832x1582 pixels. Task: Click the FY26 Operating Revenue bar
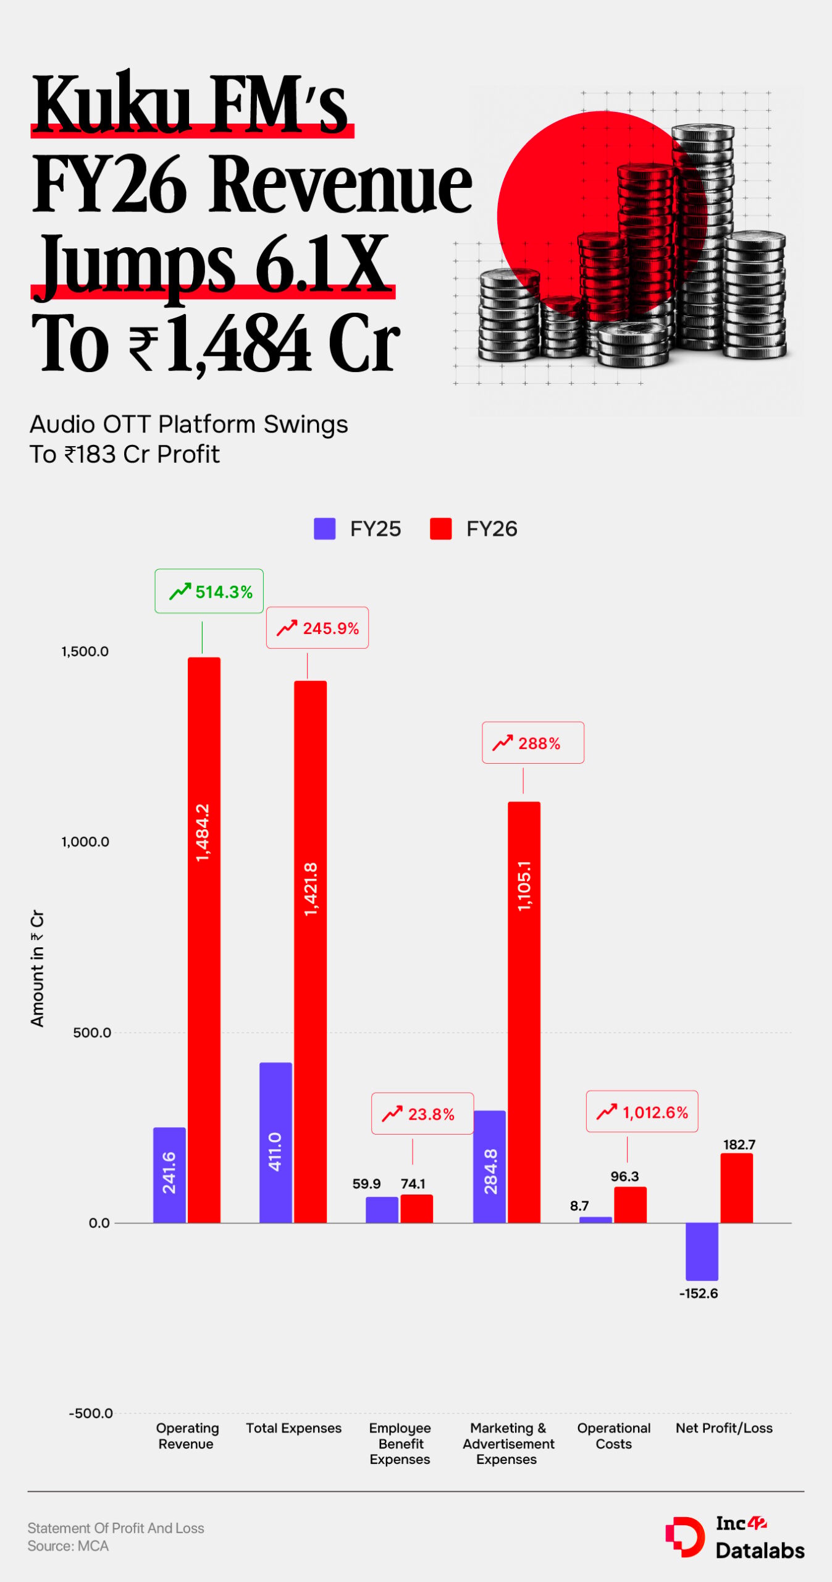[204, 939]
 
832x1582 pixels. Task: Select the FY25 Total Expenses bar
[275, 1143]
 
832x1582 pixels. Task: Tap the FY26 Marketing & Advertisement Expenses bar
[524, 1012]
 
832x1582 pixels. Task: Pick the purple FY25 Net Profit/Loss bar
[702, 1251]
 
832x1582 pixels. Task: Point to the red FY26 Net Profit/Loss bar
[736, 1188]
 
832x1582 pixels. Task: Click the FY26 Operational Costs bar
[630, 1204]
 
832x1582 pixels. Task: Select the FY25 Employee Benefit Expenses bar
[382, 1210]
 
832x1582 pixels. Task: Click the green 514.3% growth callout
[209, 591]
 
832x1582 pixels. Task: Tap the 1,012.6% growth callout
[642, 1111]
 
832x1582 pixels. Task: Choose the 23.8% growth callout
[422, 1113]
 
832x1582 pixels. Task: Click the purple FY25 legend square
[324, 528]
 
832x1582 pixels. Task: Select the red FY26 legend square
[440, 528]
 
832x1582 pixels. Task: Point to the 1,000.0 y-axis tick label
[85, 841]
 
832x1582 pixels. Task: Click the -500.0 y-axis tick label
[91, 1413]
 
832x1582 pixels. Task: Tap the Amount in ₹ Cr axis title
[38, 968]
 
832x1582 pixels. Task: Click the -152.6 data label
[699, 1293]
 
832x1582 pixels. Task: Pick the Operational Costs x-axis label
[614, 1436]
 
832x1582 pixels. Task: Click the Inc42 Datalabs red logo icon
[685, 1536]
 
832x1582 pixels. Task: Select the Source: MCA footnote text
[68, 1546]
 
